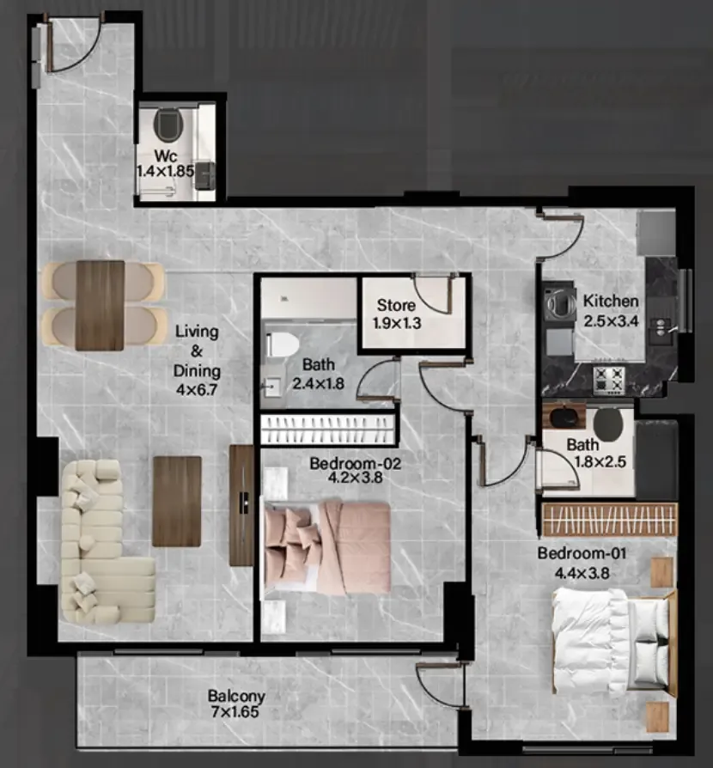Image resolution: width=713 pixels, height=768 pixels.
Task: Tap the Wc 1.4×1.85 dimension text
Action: pyautogui.click(x=166, y=163)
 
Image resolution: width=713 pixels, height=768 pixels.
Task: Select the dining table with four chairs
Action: pyautogui.click(x=103, y=305)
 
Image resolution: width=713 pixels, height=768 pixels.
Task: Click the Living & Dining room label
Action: pyautogui.click(x=197, y=360)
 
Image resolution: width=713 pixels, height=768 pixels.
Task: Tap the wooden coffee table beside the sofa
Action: pyautogui.click(x=177, y=501)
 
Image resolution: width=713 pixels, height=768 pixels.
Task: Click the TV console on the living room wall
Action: pyautogui.click(x=241, y=505)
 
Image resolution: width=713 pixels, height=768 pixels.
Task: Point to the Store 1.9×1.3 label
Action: pyautogui.click(x=396, y=314)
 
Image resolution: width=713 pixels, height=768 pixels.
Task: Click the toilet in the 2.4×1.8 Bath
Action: pyautogui.click(x=282, y=344)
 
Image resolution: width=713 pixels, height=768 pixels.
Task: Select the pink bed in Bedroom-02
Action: pyautogui.click(x=327, y=547)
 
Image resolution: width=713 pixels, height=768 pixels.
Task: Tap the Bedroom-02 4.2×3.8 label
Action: pyautogui.click(x=355, y=470)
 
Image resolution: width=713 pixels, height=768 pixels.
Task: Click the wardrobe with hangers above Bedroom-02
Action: pyautogui.click(x=327, y=430)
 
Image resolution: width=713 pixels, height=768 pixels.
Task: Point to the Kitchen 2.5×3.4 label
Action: pyautogui.click(x=611, y=311)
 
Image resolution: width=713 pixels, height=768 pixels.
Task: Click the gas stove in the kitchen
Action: pyautogui.click(x=609, y=380)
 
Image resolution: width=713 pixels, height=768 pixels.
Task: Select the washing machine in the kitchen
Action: pyautogui.click(x=560, y=302)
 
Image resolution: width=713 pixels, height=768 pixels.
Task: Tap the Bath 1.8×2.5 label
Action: pyautogui.click(x=596, y=453)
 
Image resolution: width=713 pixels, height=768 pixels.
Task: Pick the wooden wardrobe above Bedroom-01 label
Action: pyautogui.click(x=610, y=520)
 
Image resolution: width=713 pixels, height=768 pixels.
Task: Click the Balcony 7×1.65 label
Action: pyautogui.click(x=236, y=704)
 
